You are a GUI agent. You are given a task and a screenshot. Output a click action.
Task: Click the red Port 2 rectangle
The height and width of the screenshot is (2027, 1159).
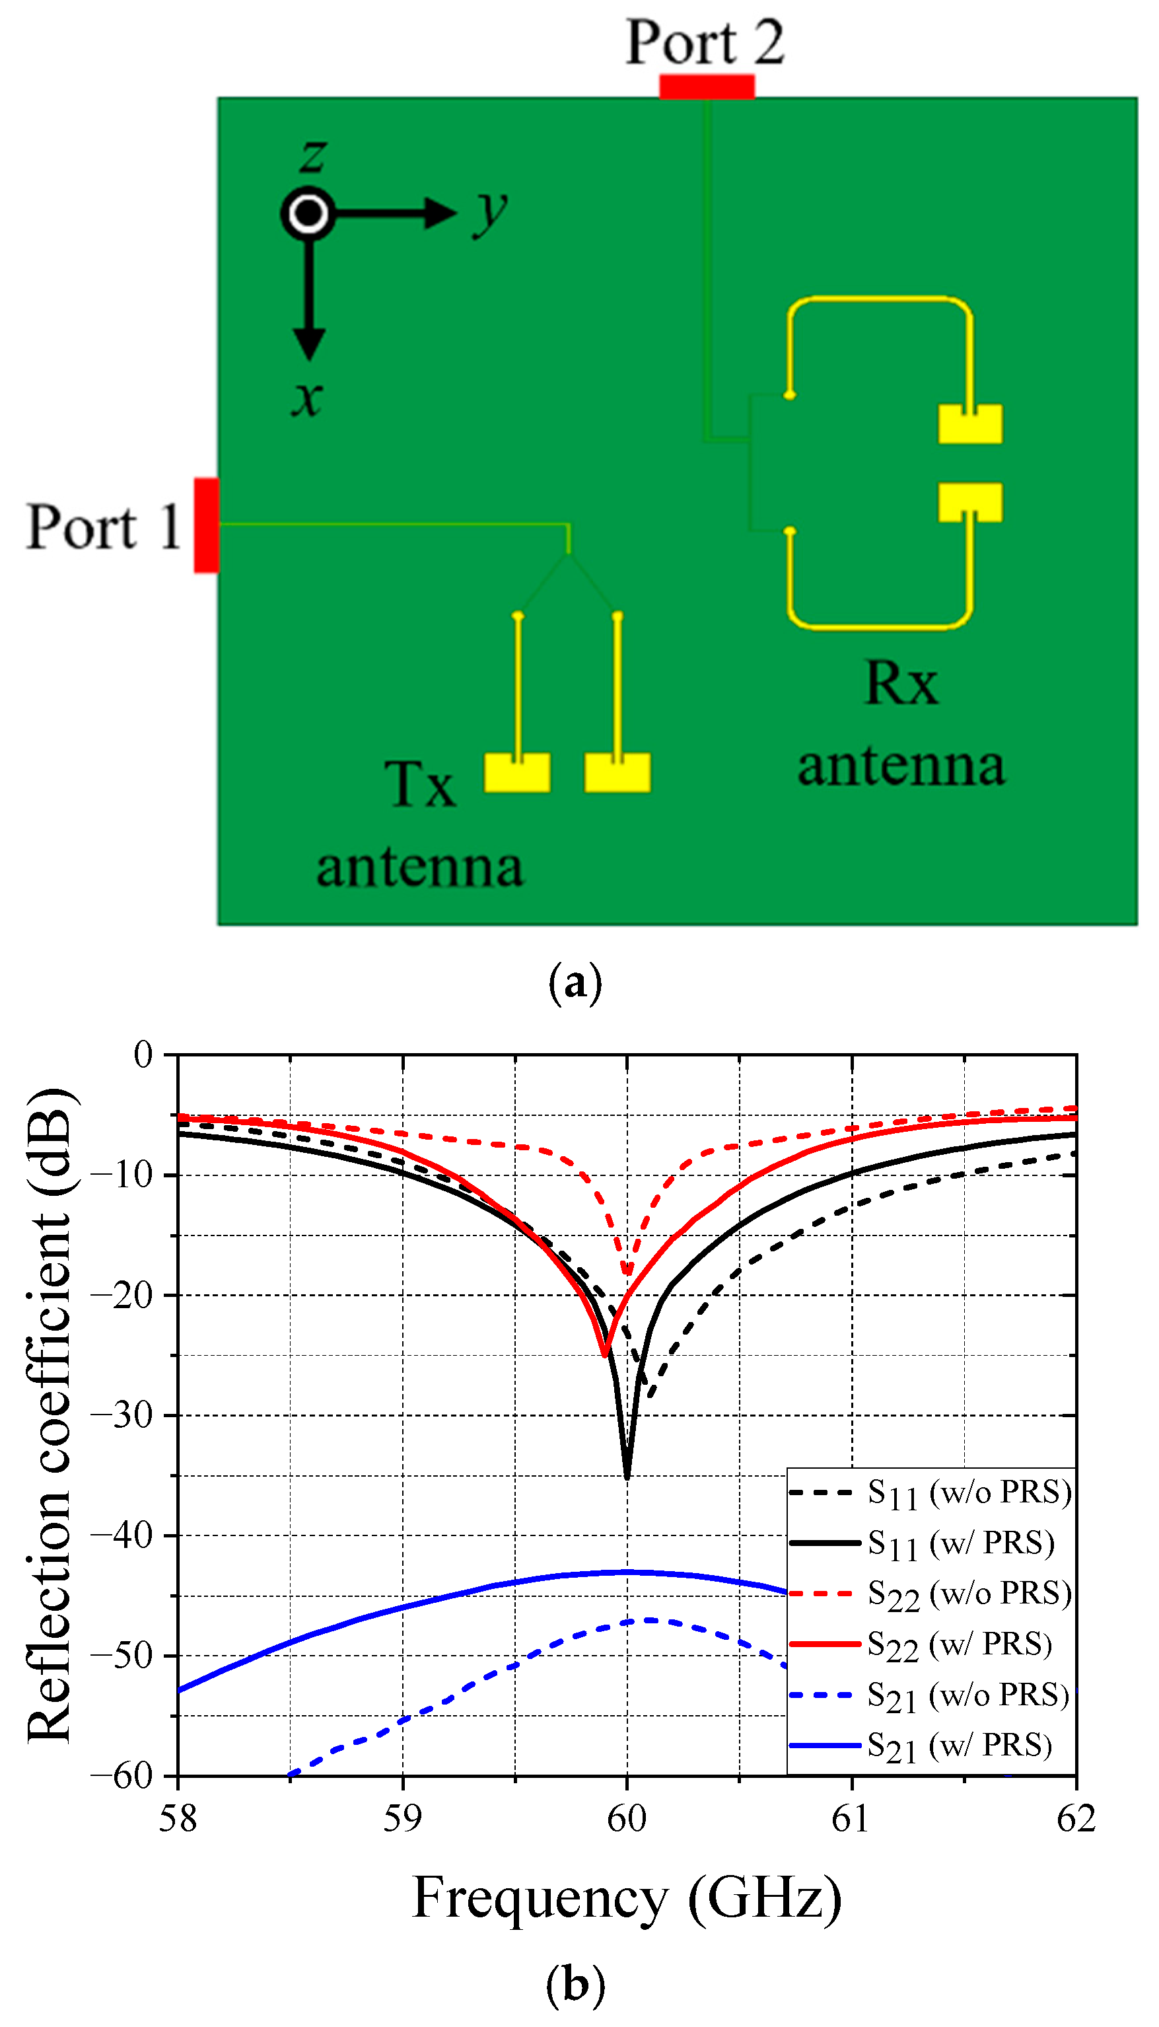pos(706,86)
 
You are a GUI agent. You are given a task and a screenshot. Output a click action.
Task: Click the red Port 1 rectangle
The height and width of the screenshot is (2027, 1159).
pos(206,525)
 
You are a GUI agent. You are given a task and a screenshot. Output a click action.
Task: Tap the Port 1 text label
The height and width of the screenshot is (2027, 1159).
pos(104,527)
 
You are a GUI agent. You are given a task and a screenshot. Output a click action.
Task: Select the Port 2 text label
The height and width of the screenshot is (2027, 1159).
pos(705,42)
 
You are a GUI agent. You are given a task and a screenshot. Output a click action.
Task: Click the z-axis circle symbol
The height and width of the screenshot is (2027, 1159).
pos(308,213)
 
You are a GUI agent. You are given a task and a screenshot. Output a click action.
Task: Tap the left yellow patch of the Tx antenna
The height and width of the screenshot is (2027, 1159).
pos(516,772)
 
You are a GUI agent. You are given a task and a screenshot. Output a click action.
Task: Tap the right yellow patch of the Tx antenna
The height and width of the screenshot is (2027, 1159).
pos(617,772)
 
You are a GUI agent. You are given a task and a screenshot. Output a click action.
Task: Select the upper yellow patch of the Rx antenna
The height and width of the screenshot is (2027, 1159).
pos(969,424)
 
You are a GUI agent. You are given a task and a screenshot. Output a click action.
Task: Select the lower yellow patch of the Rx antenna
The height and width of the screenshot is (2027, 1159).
pos(969,502)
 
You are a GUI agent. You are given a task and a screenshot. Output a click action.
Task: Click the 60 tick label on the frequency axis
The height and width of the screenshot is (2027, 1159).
pos(627,1818)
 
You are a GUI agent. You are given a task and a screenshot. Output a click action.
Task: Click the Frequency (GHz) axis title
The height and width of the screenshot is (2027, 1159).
pos(627,1898)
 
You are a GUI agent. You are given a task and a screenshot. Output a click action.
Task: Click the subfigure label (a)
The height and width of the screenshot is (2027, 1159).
pos(575,984)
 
